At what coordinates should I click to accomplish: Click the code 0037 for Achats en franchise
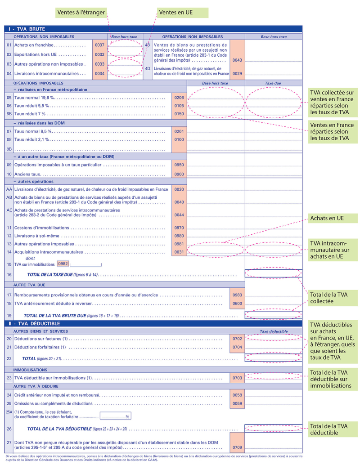[x=100, y=45]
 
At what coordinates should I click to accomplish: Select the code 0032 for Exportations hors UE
[x=100, y=54]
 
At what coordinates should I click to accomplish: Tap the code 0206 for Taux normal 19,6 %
[x=179, y=97]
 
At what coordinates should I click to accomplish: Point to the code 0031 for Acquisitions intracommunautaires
[x=179, y=252]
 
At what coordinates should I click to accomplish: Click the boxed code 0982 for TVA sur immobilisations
[x=63, y=264]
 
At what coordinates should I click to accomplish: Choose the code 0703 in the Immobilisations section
[x=237, y=378]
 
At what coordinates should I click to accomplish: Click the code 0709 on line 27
[x=237, y=447]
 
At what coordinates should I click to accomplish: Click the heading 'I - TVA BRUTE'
[x=27, y=29]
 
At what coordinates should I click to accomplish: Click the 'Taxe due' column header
[x=273, y=83]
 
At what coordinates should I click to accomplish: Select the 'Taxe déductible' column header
[x=273, y=331]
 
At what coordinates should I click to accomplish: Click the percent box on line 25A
[x=116, y=416]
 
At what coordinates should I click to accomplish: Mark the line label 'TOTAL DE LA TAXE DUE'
[x=63, y=274]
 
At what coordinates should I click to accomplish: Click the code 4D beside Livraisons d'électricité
[x=147, y=68]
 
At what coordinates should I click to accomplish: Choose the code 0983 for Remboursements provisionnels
[x=237, y=295]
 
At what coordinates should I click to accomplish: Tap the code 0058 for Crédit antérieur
[x=237, y=395]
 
